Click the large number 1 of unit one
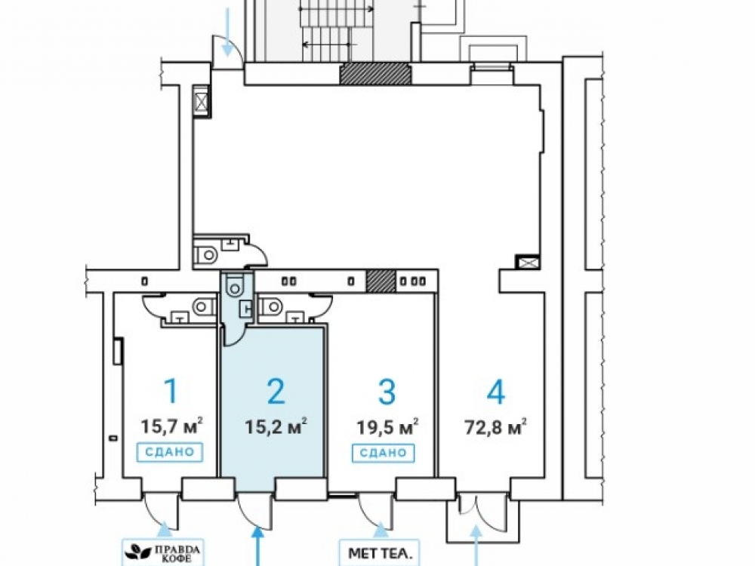[171, 390]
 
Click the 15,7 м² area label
[171, 426]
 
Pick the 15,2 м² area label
[276, 426]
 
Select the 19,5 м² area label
[387, 426]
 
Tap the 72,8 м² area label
[495, 426]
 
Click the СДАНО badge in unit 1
[169, 452]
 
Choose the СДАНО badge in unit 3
[384, 452]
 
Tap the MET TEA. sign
[381, 553]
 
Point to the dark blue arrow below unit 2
[258, 546]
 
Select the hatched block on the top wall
[376, 74]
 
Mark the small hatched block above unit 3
[381, 281]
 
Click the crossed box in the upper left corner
[201, 101]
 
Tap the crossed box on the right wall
[527, 263]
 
